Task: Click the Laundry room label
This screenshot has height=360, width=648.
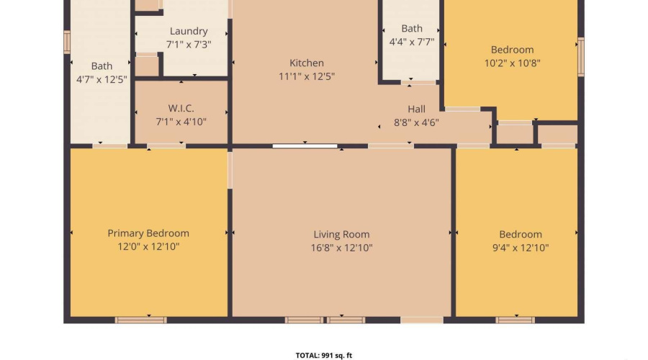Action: point(189,32)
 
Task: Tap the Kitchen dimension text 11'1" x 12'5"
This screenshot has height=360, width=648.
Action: point(307,76)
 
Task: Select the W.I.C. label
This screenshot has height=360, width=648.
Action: point(181,108)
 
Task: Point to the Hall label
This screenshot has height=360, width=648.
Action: point(416,109)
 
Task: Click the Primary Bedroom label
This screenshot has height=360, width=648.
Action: point(148,233)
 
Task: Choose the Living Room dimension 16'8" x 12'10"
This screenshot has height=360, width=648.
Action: point(341,248)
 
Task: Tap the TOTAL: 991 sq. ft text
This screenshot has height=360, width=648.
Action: point(323,356)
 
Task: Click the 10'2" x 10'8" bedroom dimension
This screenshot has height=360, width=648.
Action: point(513,63)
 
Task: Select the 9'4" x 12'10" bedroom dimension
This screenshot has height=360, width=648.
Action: point(521,248)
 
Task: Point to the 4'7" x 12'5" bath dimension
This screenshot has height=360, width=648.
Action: point(102,79)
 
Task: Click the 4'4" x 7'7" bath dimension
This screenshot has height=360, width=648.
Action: point(412,42)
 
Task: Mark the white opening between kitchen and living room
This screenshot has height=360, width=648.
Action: point(305,146)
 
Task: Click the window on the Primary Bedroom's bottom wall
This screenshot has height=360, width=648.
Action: point(141,320)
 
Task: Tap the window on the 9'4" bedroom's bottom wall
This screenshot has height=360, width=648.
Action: point(516,320)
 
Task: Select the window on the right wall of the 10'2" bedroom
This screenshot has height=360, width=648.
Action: point(580,57)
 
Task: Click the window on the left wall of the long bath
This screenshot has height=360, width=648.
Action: point(67,42)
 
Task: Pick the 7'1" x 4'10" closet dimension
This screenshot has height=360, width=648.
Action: point(181,122)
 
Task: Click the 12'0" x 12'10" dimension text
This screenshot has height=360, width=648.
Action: point(148,247)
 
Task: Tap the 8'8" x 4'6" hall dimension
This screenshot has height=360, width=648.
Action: point(416,122)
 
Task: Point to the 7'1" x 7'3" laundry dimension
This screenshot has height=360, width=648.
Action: point(189,45)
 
